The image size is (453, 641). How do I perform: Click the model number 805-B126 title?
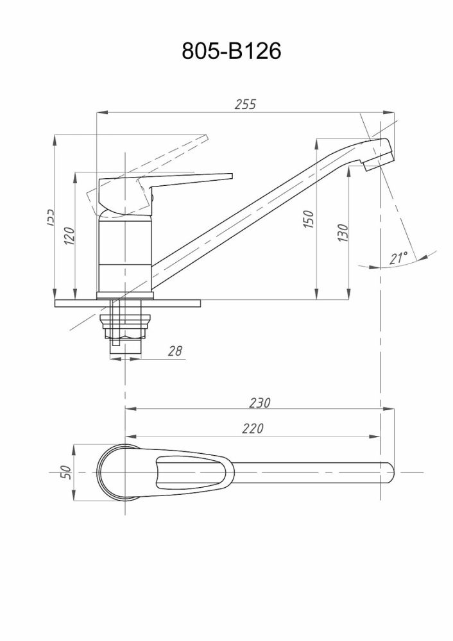coord(232,52)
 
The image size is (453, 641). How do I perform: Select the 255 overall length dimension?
coord(244,104)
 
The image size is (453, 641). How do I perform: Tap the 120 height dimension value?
coord(70,237)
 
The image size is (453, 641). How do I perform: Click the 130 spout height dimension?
coord(343,232)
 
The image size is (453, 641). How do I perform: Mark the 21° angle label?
coord(398,258)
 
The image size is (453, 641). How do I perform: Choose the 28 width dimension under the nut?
coord(175,351)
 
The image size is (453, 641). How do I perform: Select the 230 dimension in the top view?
coord(259,403)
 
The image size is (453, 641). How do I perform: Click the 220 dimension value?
coord(252,429)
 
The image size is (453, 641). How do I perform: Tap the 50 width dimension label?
coord(65,472)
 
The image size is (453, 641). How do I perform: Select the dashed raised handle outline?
coord(173,151)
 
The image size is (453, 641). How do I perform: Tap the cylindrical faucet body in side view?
coord(125,256)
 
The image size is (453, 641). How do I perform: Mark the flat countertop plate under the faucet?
coord(128,303)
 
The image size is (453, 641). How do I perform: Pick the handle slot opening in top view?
coord(192,472)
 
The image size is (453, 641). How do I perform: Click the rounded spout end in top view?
coord(389,472)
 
